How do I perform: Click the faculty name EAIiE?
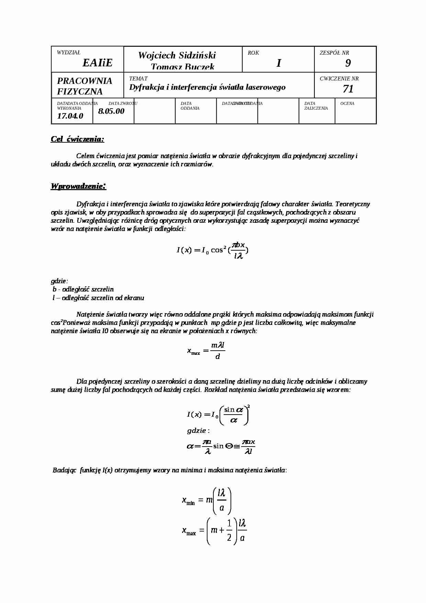pyautogui.click(x=97, y=63)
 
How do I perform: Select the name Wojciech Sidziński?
pyautogui.click(x=177, y=55)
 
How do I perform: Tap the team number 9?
pyautogui.click(x=348, y=63)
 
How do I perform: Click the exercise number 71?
pyautogui.click(x=348, y=89)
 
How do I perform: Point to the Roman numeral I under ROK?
pyautogui.click(x=279, y=63)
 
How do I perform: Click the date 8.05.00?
pyautogui.click(x=111, y=111)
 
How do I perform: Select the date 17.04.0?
pyautogui.click(x=70, y=116)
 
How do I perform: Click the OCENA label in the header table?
pyautogui.click(x=347, y=103)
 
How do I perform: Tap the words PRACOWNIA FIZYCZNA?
pyautogui.click(x=85, y=86)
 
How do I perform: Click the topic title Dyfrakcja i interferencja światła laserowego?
pyautogui.click(x=207, y=87)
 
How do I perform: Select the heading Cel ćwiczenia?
pyautogui.click(x=77, y=139)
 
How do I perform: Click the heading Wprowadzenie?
pyautogui.click(x=78, y=186)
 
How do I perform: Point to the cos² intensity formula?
pyautogui.click(x=212, y=250)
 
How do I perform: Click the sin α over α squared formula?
pyautogui.click(x=218, y=415)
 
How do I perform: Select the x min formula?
pyautogui.click(x=206, y=500)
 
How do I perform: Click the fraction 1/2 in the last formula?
pyautogui.click(x=229, y=530)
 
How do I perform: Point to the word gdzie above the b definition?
pyautogui.click(x=59, y=281)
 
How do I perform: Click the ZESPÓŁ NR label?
pyautogui.click(x=334, y=53)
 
